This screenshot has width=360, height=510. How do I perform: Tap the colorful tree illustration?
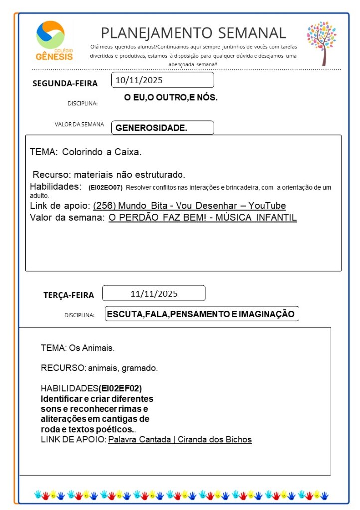point(322,42)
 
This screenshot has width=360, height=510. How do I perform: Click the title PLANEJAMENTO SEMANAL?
point(193,33)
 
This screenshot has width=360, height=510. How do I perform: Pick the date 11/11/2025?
point(154,293)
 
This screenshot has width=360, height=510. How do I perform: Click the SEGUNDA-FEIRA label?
point(65,83)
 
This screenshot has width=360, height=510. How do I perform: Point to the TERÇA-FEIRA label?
point(68,295)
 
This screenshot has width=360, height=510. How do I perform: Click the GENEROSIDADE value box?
point(163,128)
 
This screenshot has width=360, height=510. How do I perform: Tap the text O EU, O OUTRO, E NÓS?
point(171,98)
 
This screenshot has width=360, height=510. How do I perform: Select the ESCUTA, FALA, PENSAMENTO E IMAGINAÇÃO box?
point(202,314)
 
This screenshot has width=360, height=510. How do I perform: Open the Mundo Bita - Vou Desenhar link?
point(189,206)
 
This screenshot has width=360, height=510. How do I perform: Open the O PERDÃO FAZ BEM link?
point(202,218)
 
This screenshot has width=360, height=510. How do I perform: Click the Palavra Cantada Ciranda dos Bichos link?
point(180,440)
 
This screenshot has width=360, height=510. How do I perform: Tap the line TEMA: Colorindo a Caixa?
point(86,152)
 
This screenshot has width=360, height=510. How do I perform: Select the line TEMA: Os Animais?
point(78,347)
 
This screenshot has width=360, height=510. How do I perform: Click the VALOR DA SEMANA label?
point(79,125)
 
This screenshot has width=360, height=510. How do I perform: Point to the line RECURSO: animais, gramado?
point(99,368)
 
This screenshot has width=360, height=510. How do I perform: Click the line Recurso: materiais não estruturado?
point(109,175)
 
